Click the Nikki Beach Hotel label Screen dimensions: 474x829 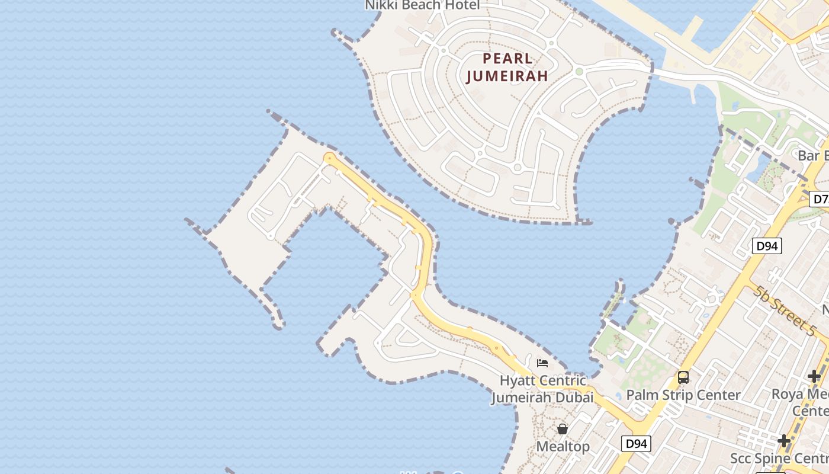(x=422, y=5)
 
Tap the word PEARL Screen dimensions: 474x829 (x=507, y=59)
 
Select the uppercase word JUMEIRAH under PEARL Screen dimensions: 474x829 (x=507, y=76)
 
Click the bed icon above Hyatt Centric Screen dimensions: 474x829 (x=542, y=363)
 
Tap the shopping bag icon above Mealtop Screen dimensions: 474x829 (x=563, y=428)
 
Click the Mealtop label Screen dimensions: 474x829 (x=563, y=446)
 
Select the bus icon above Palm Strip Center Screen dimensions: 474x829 (x=683, y=377)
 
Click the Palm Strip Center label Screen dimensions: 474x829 (x=683, y=395)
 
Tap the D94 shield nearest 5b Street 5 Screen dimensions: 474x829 (x=767, y=246)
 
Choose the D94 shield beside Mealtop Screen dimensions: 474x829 (x=636, y=443)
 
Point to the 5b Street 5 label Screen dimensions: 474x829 (x=785, y=310)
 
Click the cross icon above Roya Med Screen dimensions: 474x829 (x=814, y=376)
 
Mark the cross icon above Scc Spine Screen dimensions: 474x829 (x=784, y=441)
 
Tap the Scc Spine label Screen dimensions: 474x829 (x=779, y=458)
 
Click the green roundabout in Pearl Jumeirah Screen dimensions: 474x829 (x=579, y=72)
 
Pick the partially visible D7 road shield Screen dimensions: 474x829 (x=820, y=198)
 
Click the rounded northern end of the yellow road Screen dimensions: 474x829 (x=329, y=158)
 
